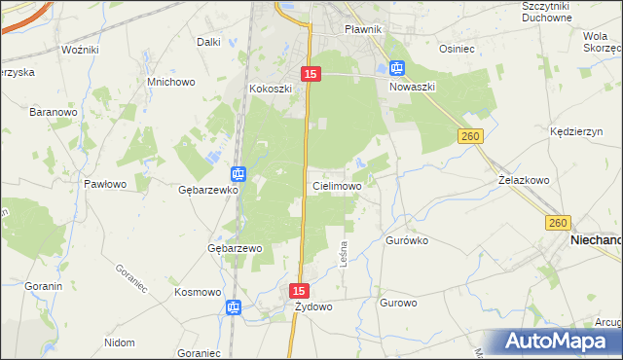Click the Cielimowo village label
[x=337, y=185]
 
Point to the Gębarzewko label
[x=208, y=190]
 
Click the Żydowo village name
[x=313, y=306]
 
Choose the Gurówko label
[x=407, y=238]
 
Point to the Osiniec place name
[x=456, y=48]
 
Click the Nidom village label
[x=119, y=342]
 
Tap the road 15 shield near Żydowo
[x=300, y=291]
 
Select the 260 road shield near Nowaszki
[x=471, y=137]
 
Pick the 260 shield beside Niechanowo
[x=557, y=223]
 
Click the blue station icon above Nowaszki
[x=396, y=68]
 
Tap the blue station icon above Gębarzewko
[x=238, y=175]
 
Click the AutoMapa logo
[x=559, y=342]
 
